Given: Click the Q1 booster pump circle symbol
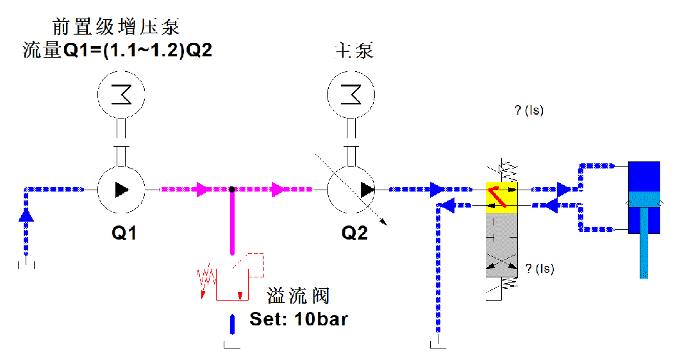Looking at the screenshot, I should point(121,190).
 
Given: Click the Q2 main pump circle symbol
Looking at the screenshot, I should point(351,190).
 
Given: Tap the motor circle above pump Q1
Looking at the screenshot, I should point(121,95).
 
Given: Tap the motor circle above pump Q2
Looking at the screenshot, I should point(351,95).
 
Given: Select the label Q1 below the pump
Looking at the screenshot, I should point(124,234).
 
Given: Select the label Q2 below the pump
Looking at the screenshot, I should point(354,234).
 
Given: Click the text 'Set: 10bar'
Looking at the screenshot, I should point(298,318).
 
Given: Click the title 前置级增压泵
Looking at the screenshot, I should point(115,27).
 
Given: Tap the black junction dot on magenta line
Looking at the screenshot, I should point(232,190).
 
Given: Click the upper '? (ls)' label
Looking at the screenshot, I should point(529,110).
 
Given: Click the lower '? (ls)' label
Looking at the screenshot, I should point(539,268).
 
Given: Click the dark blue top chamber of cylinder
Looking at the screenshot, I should point(644,176).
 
